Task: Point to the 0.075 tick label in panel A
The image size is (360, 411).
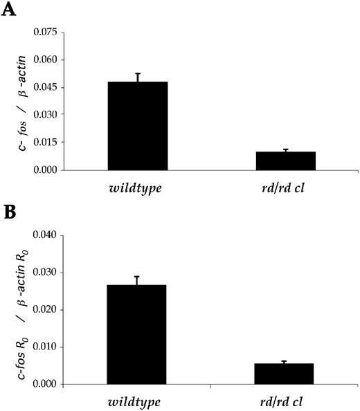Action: [x=44, y=32]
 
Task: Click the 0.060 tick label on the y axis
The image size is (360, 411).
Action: [x=44, y=60]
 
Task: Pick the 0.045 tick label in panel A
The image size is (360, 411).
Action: [x=44, y=87]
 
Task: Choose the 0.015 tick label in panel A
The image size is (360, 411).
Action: [x=44, y=143]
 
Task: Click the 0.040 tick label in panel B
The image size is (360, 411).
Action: [x=44, y=235]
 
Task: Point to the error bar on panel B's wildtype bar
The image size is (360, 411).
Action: [x=136, y=280]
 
